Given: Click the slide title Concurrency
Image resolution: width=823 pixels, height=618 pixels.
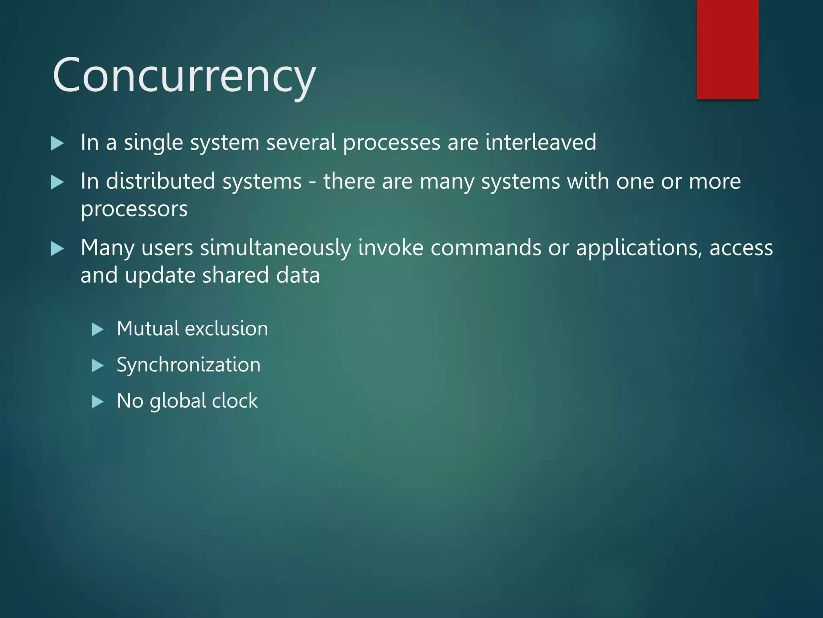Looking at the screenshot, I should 184,76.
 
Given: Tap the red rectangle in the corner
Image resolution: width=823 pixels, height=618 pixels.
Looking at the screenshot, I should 727,49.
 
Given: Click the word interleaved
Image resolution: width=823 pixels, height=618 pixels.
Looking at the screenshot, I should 540,142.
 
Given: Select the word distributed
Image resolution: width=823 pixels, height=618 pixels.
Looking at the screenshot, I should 161,181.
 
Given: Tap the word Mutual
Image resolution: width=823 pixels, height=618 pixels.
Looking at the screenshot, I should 148,328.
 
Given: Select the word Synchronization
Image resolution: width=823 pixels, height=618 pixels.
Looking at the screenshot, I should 188,365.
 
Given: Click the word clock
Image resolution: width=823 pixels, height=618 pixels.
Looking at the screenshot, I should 235,401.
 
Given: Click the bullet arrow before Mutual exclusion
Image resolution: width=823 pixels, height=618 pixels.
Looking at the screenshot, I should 98,330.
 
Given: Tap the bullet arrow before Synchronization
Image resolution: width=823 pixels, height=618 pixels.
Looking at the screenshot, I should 98,366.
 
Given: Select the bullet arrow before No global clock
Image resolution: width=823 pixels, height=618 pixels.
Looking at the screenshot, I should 98,402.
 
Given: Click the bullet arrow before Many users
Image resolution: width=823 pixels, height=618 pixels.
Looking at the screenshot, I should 57,249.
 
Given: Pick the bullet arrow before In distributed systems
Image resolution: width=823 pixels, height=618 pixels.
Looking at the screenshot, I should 57,183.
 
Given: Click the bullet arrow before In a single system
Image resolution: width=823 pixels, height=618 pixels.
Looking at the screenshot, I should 57,144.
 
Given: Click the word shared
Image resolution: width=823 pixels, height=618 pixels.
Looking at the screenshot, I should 235,275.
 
